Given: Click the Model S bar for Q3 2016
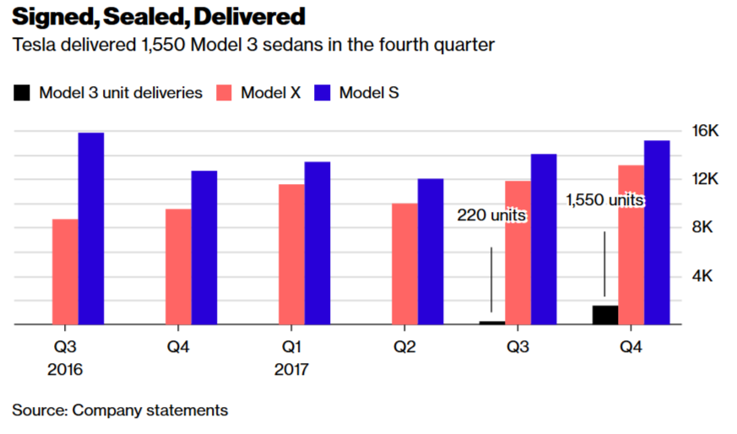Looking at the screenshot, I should (x=91, y=228).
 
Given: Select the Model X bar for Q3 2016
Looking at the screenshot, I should (x=65, y=271).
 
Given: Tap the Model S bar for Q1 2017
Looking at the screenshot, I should (x=317, y=242).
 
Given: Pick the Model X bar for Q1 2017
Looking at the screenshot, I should (x=291, y=253).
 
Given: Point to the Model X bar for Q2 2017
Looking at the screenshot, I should (x=404, y=263).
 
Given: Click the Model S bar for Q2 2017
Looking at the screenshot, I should (x=431, y=251).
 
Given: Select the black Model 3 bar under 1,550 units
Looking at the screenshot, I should (x=604, y=314).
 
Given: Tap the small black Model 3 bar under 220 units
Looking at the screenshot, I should (x=492, y=322).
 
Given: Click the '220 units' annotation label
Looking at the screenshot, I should (x=491, y=215).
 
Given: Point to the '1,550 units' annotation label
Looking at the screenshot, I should (x=604, y=200).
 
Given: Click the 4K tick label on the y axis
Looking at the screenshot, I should (x=705, y=276).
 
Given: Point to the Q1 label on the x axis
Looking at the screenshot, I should (x=291, y=346).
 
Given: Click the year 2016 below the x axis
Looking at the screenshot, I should (x=65, y=370).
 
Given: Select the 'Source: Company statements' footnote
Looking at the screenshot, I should (x=120, y=410).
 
